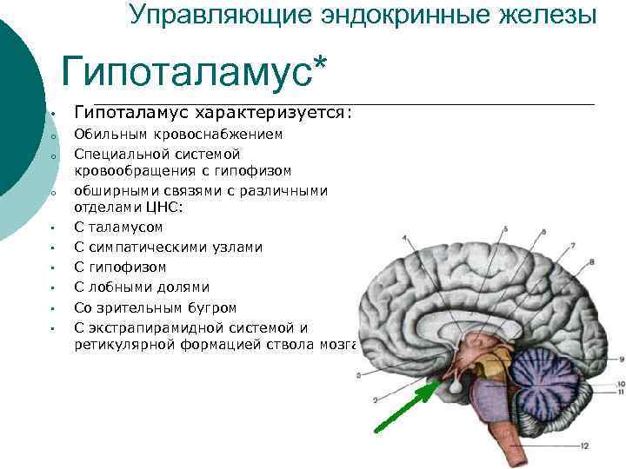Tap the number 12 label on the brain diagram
[x=585, y=446]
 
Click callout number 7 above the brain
[x=569, y=242]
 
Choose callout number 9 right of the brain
[x=620, y=359]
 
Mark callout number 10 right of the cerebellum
[x=619, y=384]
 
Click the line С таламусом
[x=118, y=228]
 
